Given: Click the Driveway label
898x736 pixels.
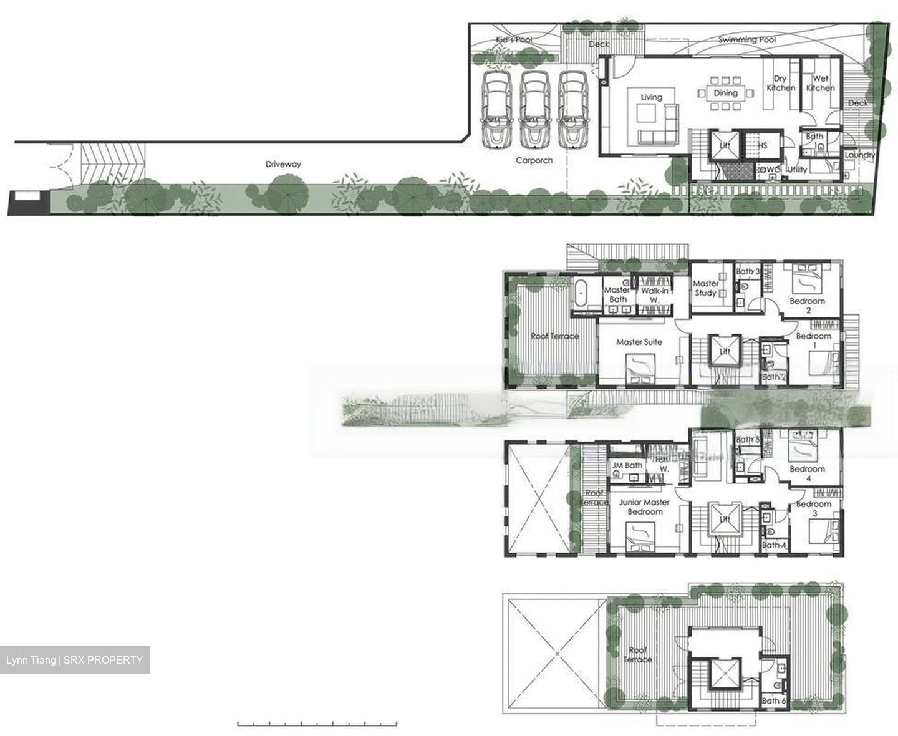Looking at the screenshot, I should [283, 164].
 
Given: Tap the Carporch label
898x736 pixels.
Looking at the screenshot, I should [534, 160].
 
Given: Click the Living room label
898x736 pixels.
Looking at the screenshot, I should [651, 97].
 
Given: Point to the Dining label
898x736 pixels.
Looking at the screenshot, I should [725, 93].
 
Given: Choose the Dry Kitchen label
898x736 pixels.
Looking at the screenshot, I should [780, 84].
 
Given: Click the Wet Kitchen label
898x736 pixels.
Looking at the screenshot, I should [820, 84].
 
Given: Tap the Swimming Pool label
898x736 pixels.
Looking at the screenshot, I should [746, 40].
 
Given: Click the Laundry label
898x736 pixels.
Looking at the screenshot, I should [859, 155].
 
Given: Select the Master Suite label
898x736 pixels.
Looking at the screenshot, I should [639, 342].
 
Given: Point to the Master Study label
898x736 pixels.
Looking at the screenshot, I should [706, 288].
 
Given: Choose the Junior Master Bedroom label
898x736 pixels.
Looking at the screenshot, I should [644, 506].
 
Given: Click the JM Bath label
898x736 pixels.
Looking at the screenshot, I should [627, 465].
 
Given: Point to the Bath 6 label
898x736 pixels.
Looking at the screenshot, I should [774, 700].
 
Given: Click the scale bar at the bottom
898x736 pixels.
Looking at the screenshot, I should [317, 724].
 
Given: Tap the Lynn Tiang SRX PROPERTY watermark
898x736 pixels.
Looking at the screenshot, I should [75, 660].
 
